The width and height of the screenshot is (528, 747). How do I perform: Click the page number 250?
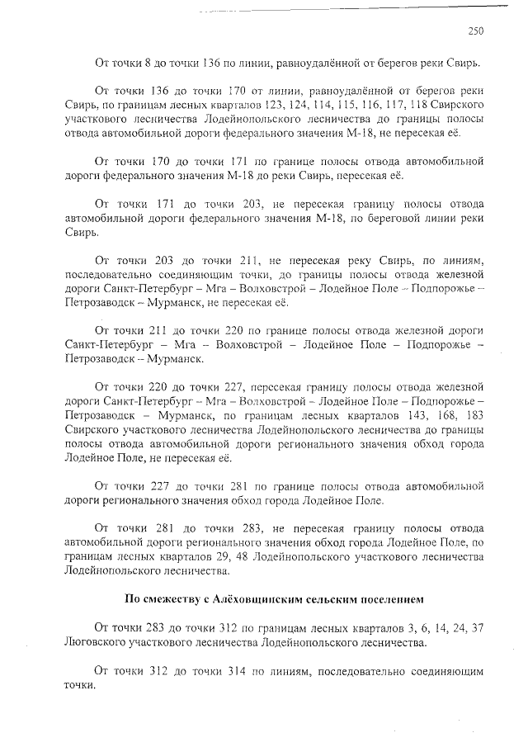(475, 31)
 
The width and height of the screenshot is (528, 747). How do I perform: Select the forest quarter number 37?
(475, 627)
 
